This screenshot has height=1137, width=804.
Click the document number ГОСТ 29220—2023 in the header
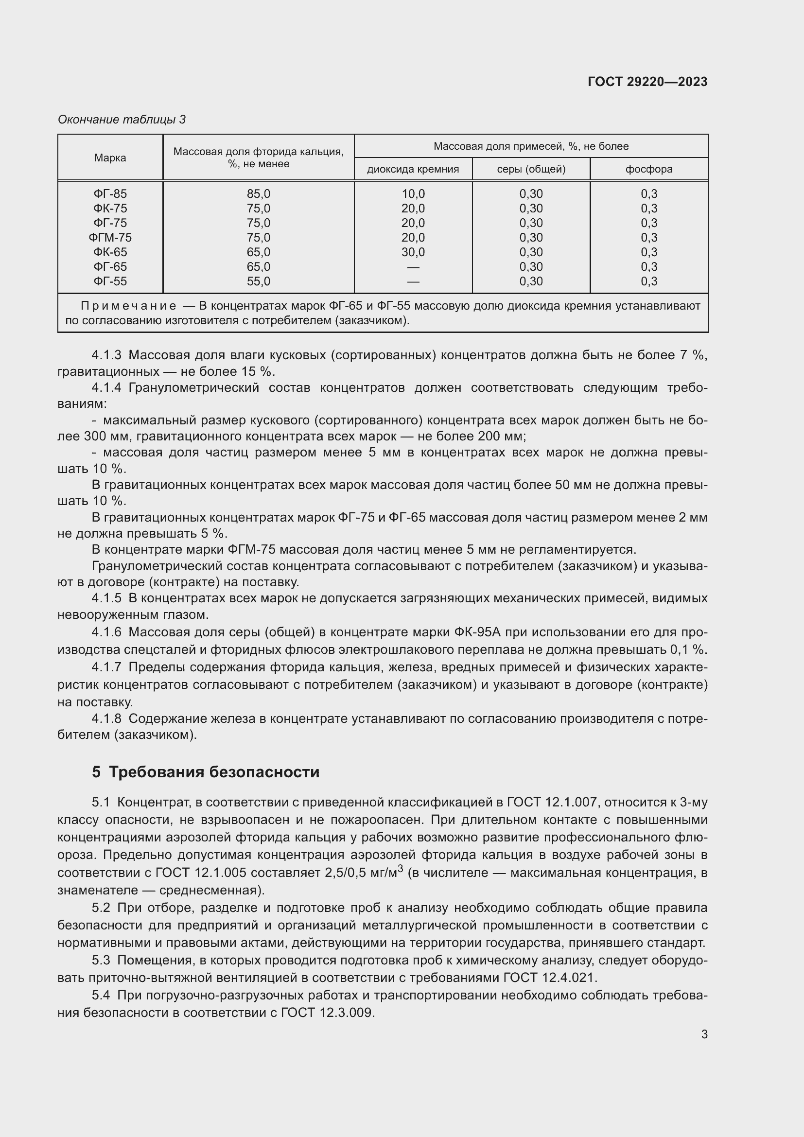tap(647, 82)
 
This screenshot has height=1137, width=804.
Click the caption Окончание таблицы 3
tap(122, 120)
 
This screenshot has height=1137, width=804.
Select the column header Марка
tap(110, 157)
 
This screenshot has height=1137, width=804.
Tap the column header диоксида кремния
tap(413, 169)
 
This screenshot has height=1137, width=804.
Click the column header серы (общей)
tap(531, 169)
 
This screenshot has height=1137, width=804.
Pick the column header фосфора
tap(648, 169)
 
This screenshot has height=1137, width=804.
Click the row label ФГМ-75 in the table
tap(110, 238)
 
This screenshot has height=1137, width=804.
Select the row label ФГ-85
tap(110, 194)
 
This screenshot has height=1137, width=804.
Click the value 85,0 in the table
tap(259, 194)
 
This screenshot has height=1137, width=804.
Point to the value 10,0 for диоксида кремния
tap(413, 194)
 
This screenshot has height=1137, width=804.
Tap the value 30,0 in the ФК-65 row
tap(413, 252)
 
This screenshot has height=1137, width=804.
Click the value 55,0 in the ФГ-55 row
tap(259, 281)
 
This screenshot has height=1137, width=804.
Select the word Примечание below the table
tap(128, 306)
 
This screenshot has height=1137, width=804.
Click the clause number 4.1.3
tap(106, 355)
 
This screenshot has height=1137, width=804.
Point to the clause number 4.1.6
tap(106, 632)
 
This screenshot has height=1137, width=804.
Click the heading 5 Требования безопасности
tap(206, 772)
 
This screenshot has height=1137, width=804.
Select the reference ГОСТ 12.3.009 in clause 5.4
tap(327, 1013)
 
